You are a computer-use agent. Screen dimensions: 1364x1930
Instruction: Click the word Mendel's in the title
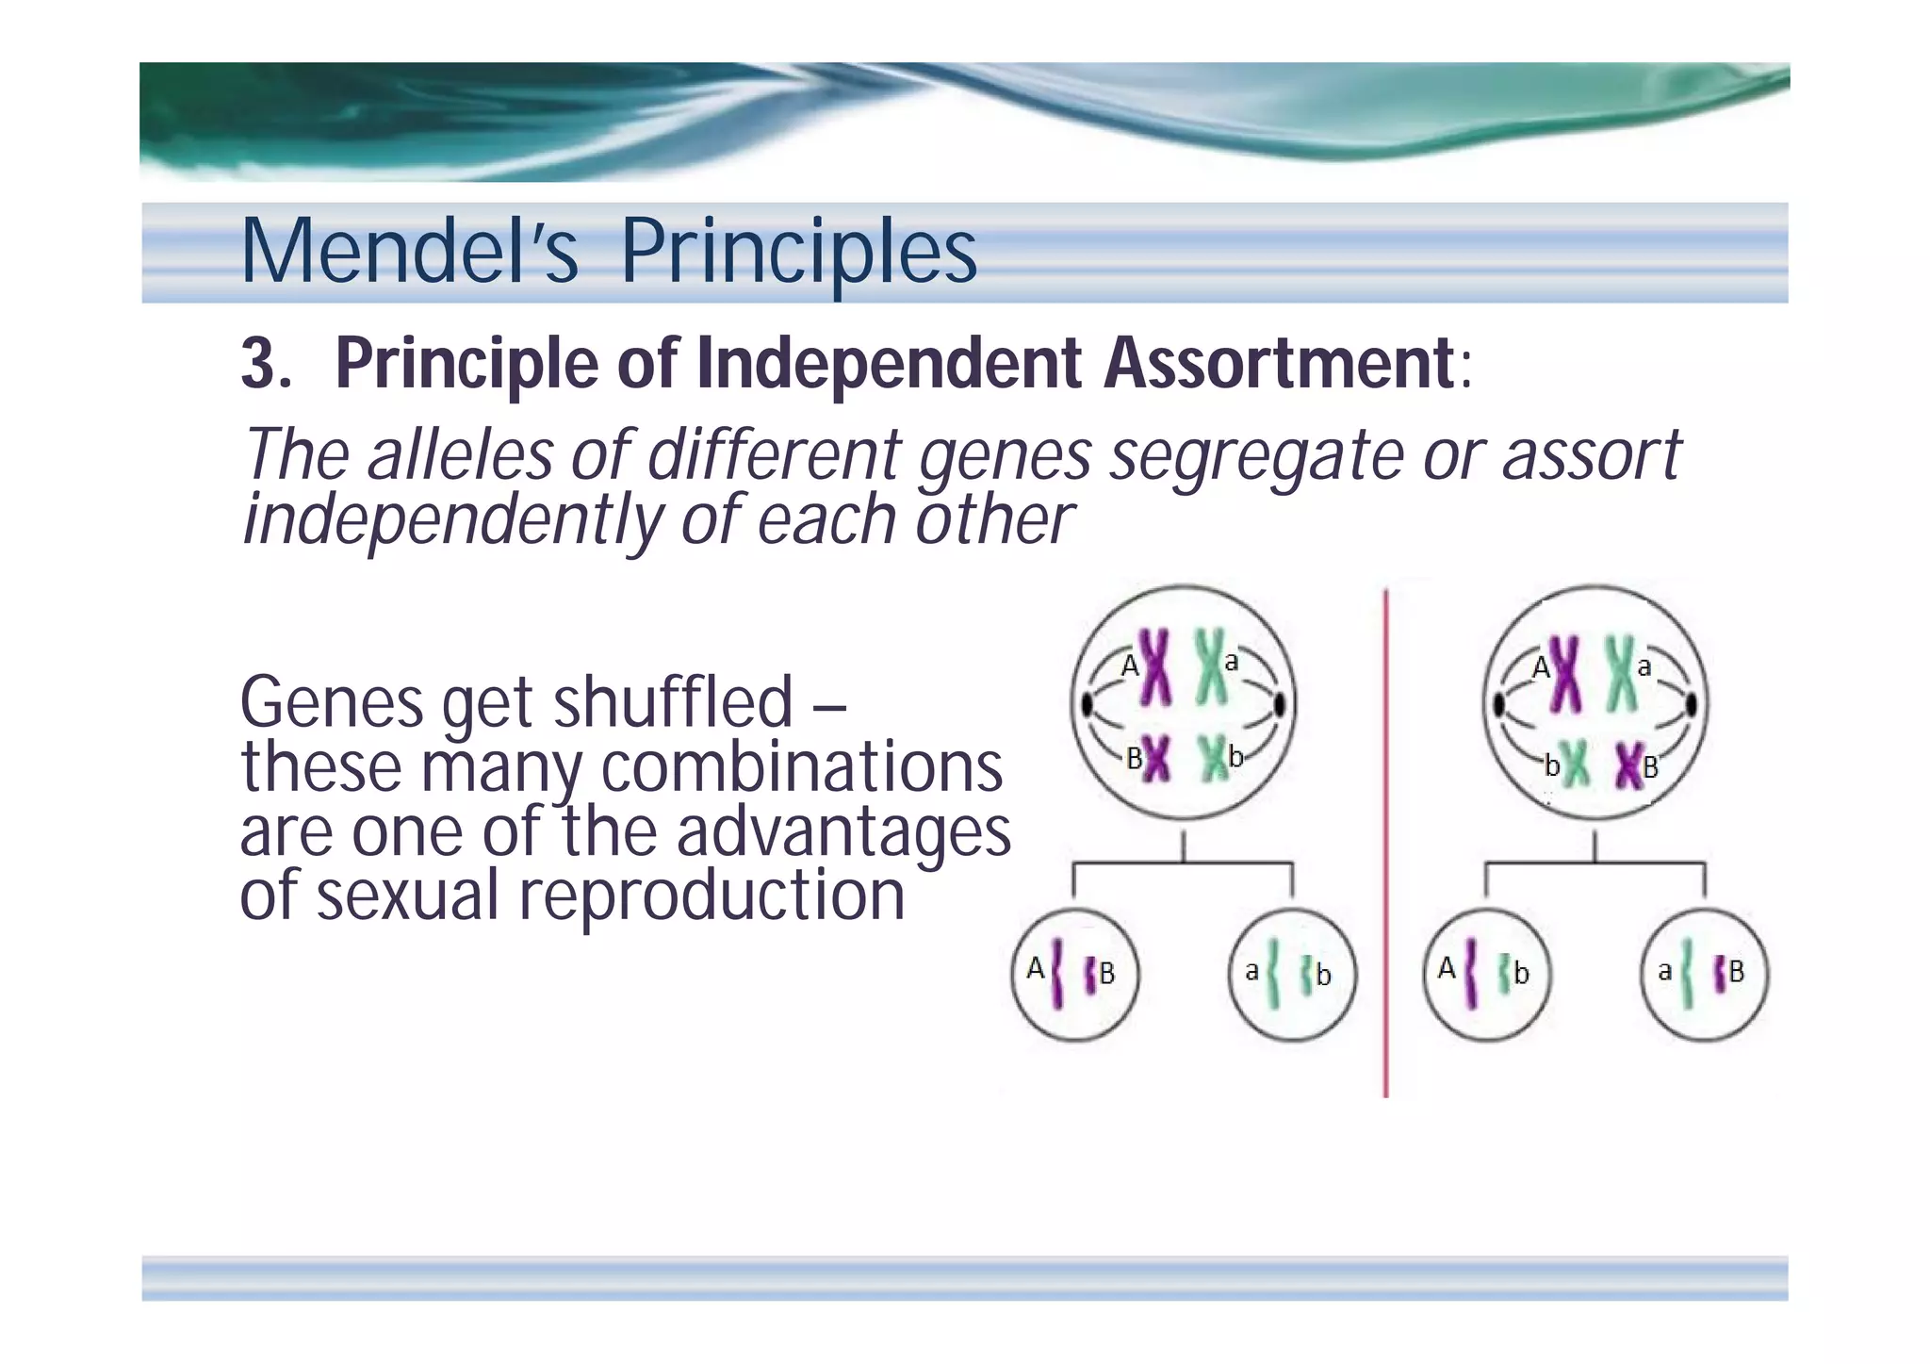click(408, 252)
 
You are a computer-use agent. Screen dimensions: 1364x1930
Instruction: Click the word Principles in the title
click(798, 252)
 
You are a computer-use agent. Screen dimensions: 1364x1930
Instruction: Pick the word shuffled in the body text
click(673, 702)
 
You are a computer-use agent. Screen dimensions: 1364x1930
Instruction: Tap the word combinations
click(801, 767)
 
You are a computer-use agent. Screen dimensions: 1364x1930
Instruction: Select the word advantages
click(843, 831)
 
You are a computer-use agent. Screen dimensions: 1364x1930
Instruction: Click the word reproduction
click(711, 896)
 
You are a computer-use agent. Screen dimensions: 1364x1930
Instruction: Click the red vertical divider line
click(1385, 848)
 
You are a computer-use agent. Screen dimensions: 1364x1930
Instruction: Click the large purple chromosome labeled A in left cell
click(1155, 667)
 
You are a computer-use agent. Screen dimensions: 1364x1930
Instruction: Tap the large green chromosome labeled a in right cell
click(1621, 673)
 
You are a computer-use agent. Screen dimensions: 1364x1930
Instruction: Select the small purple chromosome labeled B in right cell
click(1628, 765)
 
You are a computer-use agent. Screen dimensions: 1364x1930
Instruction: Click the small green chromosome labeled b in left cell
click(1213, 759)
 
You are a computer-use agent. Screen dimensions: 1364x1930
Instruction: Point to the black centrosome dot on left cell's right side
click(1280, 704)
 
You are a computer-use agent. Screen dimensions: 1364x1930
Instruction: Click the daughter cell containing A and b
click(1486, 975)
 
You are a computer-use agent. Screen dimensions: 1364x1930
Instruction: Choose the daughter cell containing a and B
click(1705, 975)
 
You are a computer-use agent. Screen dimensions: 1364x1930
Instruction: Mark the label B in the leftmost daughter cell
click(1107, 973)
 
